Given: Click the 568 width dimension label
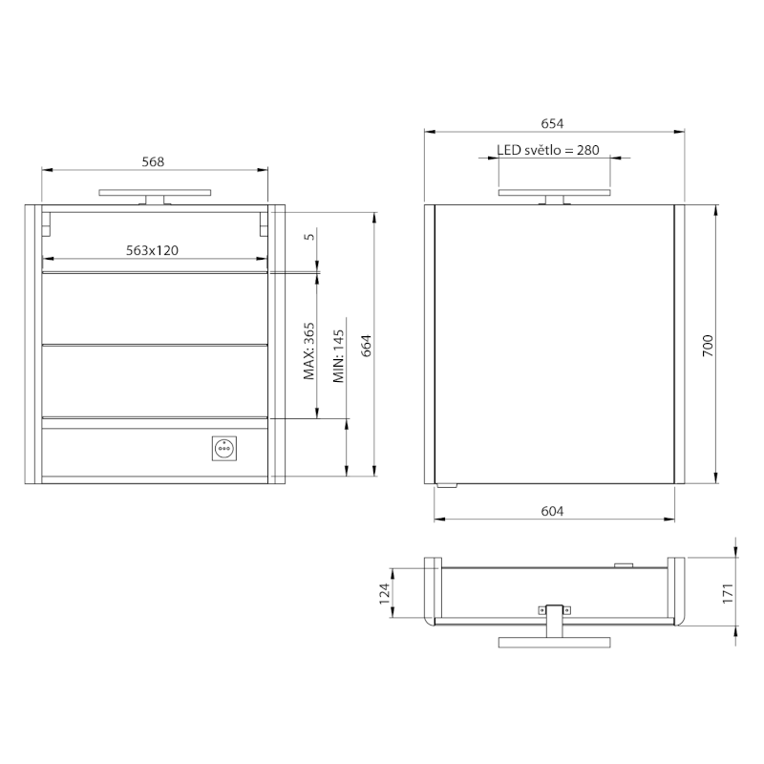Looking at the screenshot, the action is (153, 161).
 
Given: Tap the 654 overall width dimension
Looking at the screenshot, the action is (552, 124).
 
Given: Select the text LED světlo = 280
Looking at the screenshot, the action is (548, 150).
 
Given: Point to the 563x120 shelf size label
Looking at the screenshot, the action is (153, 250).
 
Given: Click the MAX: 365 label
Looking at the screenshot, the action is (308, 351).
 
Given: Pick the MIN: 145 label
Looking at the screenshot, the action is (339, 356).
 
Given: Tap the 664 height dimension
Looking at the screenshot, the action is (367, 346).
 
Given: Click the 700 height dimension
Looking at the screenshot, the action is (708, 346).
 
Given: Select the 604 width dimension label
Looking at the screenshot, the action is (552, 511).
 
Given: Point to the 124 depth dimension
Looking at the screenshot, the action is (385, 594).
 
